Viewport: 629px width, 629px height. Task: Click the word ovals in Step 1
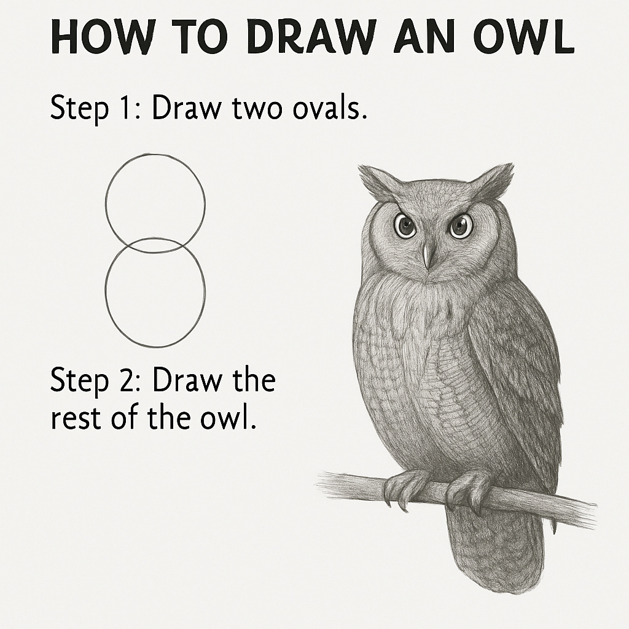(329, 107)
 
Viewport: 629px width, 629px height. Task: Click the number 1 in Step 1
(126, 107)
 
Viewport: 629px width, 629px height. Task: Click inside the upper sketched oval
(155, 203)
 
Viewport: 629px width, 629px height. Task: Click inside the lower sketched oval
(155, 292)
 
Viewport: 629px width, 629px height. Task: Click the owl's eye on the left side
(405, 226)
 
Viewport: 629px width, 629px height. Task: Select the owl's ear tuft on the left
(377, 182)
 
